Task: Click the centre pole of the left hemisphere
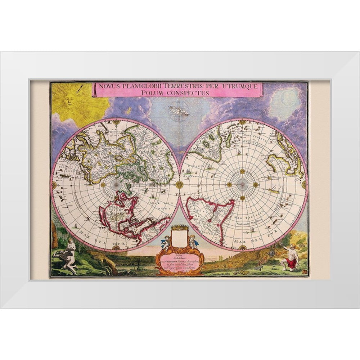[x=116, y=184]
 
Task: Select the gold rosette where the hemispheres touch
[x=179, y=184]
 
